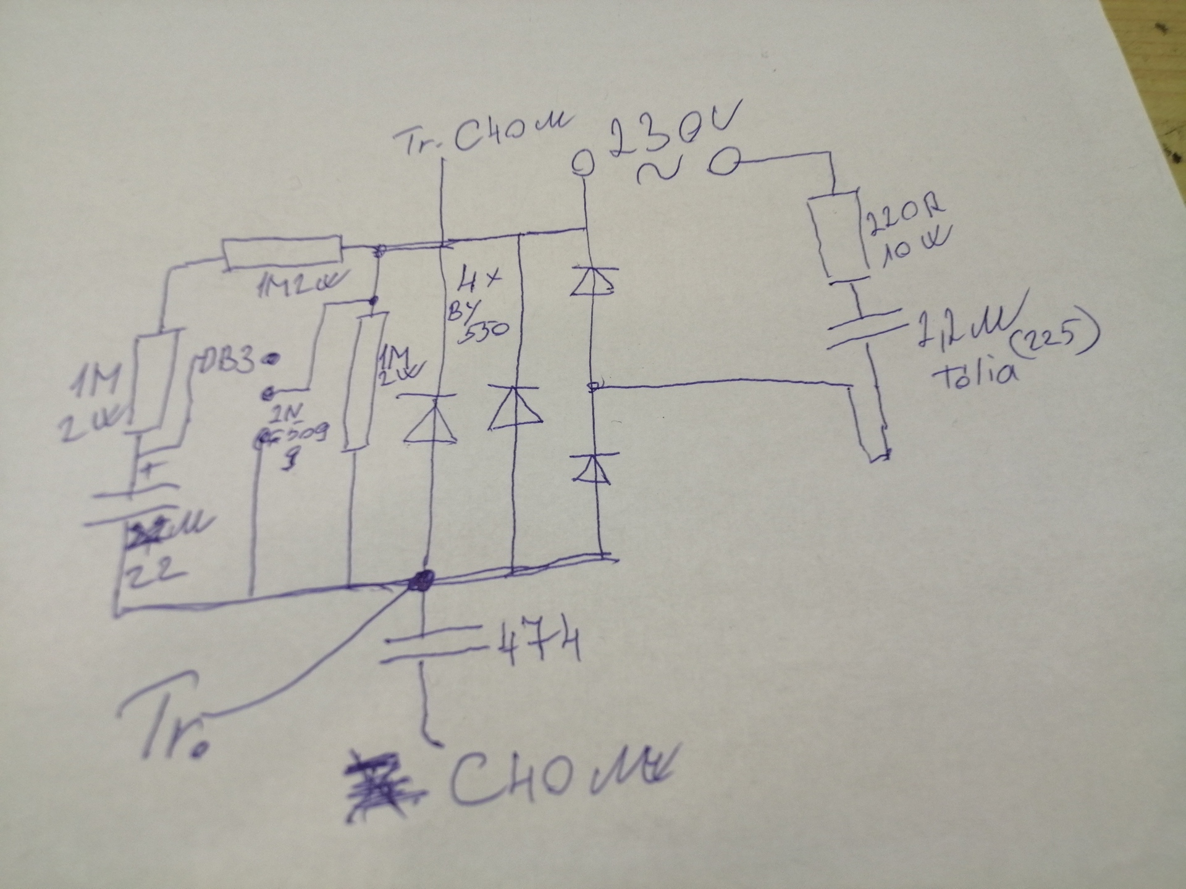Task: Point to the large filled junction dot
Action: coord(423,580)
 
